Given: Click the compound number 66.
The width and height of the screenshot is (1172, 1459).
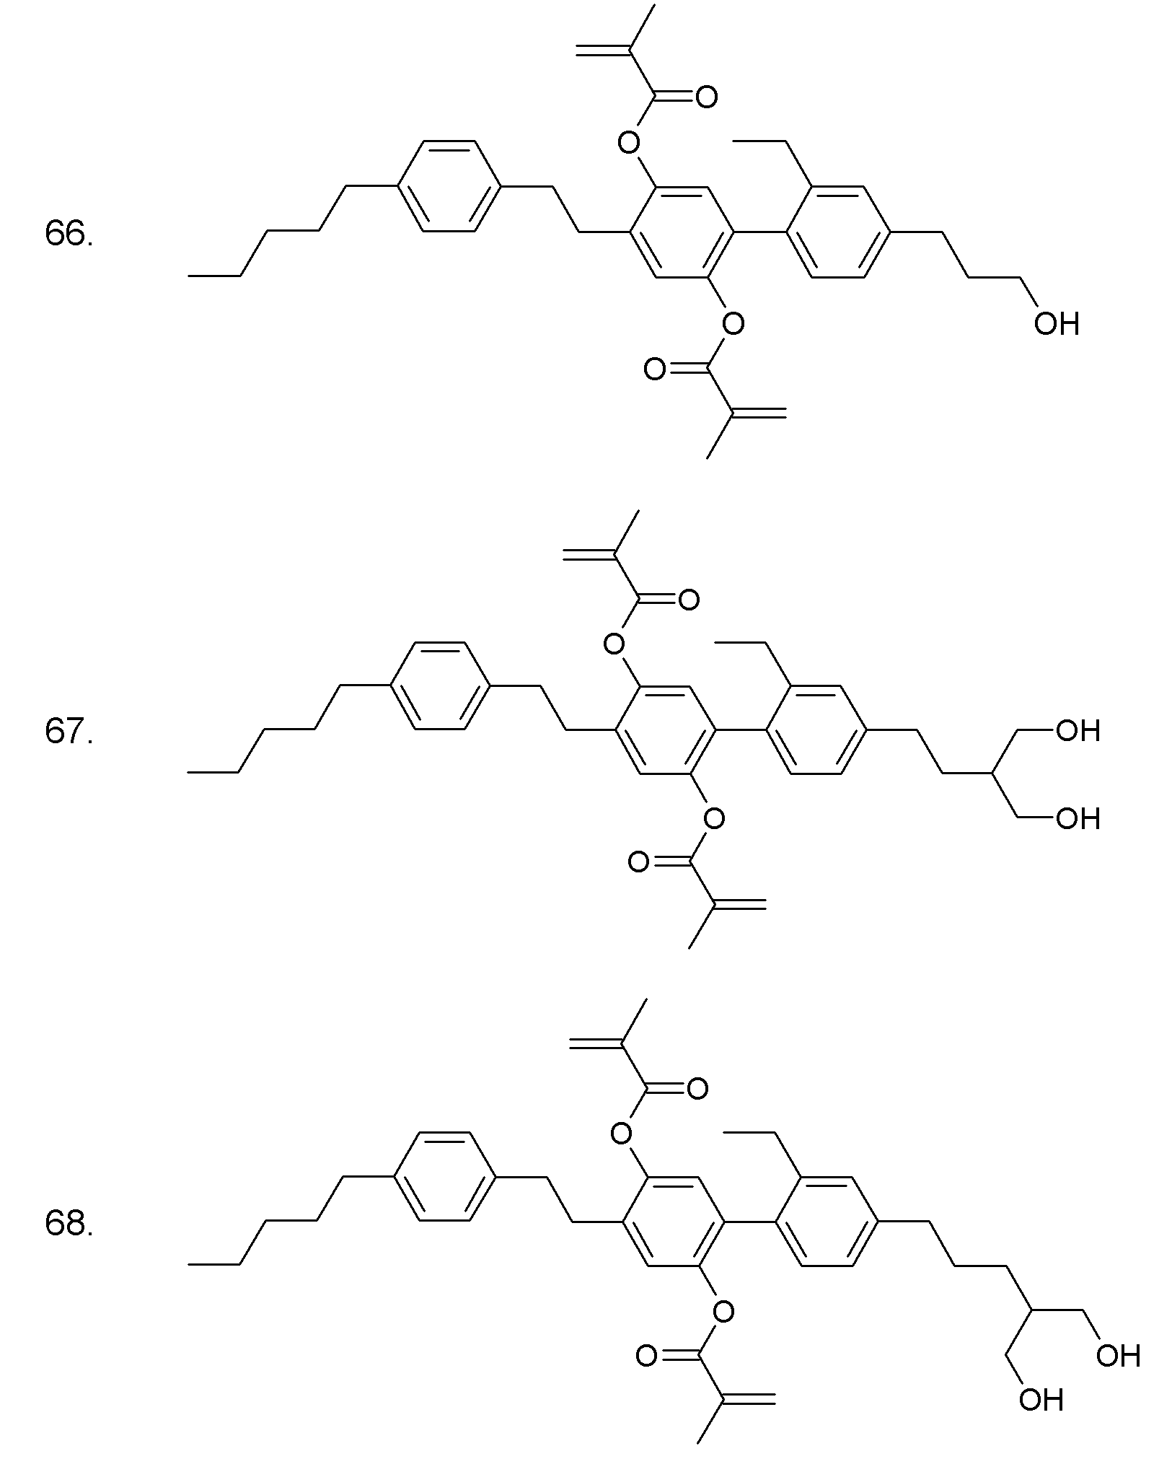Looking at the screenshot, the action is click(x=69, y=234).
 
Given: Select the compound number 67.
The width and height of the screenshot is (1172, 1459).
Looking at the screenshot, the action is click(x=69, y=732).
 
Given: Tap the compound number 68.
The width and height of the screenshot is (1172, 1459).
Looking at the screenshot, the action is click(x=69, y=1224).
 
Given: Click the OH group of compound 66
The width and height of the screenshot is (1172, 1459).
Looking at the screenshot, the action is click(x=1056, y=324).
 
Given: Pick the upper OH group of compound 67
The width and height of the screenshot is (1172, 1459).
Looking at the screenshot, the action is click(x=1078, y=731).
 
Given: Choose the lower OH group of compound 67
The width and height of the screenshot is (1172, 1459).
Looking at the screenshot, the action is click(x=1078, y=819).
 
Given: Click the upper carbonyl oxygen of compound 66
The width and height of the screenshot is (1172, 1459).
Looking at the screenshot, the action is click(x=707, y=97).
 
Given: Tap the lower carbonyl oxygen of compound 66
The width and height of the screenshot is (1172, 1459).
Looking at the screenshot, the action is click(x=654, y=369).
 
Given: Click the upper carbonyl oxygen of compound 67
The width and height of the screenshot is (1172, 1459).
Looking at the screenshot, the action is click(x=689, y=600).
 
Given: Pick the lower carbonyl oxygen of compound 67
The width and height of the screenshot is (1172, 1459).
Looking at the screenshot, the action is click(x=638, y=862).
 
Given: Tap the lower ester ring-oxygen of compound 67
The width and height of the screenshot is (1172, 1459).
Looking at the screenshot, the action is click(x=713, y=818).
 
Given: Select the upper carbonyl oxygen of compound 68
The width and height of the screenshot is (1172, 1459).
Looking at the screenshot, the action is click(x=697, y=1089).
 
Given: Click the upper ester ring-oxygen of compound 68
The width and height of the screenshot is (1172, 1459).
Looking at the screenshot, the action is click(x=621, y=1134).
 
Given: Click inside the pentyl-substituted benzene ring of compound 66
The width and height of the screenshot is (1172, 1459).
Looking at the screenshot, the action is click(x=448, y=186).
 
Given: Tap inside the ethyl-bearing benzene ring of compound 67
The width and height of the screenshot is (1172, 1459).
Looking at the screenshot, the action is click(x=816, y=730).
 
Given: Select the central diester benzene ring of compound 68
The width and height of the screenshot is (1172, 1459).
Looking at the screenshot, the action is click(x=673, y=1221).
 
